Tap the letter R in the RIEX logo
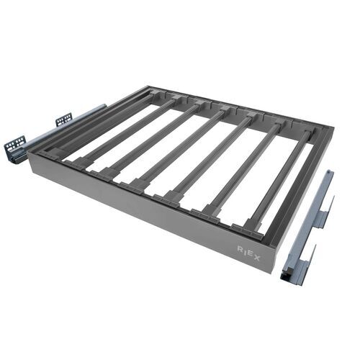tap(240, 248)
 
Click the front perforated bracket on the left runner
tap(15, 148)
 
